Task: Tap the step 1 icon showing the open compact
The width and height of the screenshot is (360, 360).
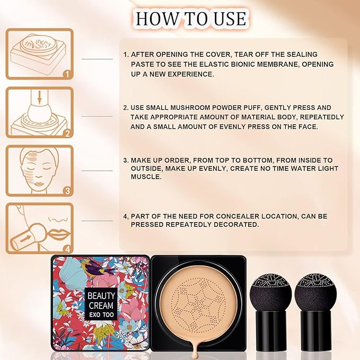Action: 39,53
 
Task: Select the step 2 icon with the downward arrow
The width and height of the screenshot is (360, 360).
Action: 39,112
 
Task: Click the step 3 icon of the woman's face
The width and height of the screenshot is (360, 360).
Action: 39,171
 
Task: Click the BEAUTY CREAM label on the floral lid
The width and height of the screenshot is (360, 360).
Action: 101,303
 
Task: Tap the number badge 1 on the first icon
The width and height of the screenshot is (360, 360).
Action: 65,75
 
